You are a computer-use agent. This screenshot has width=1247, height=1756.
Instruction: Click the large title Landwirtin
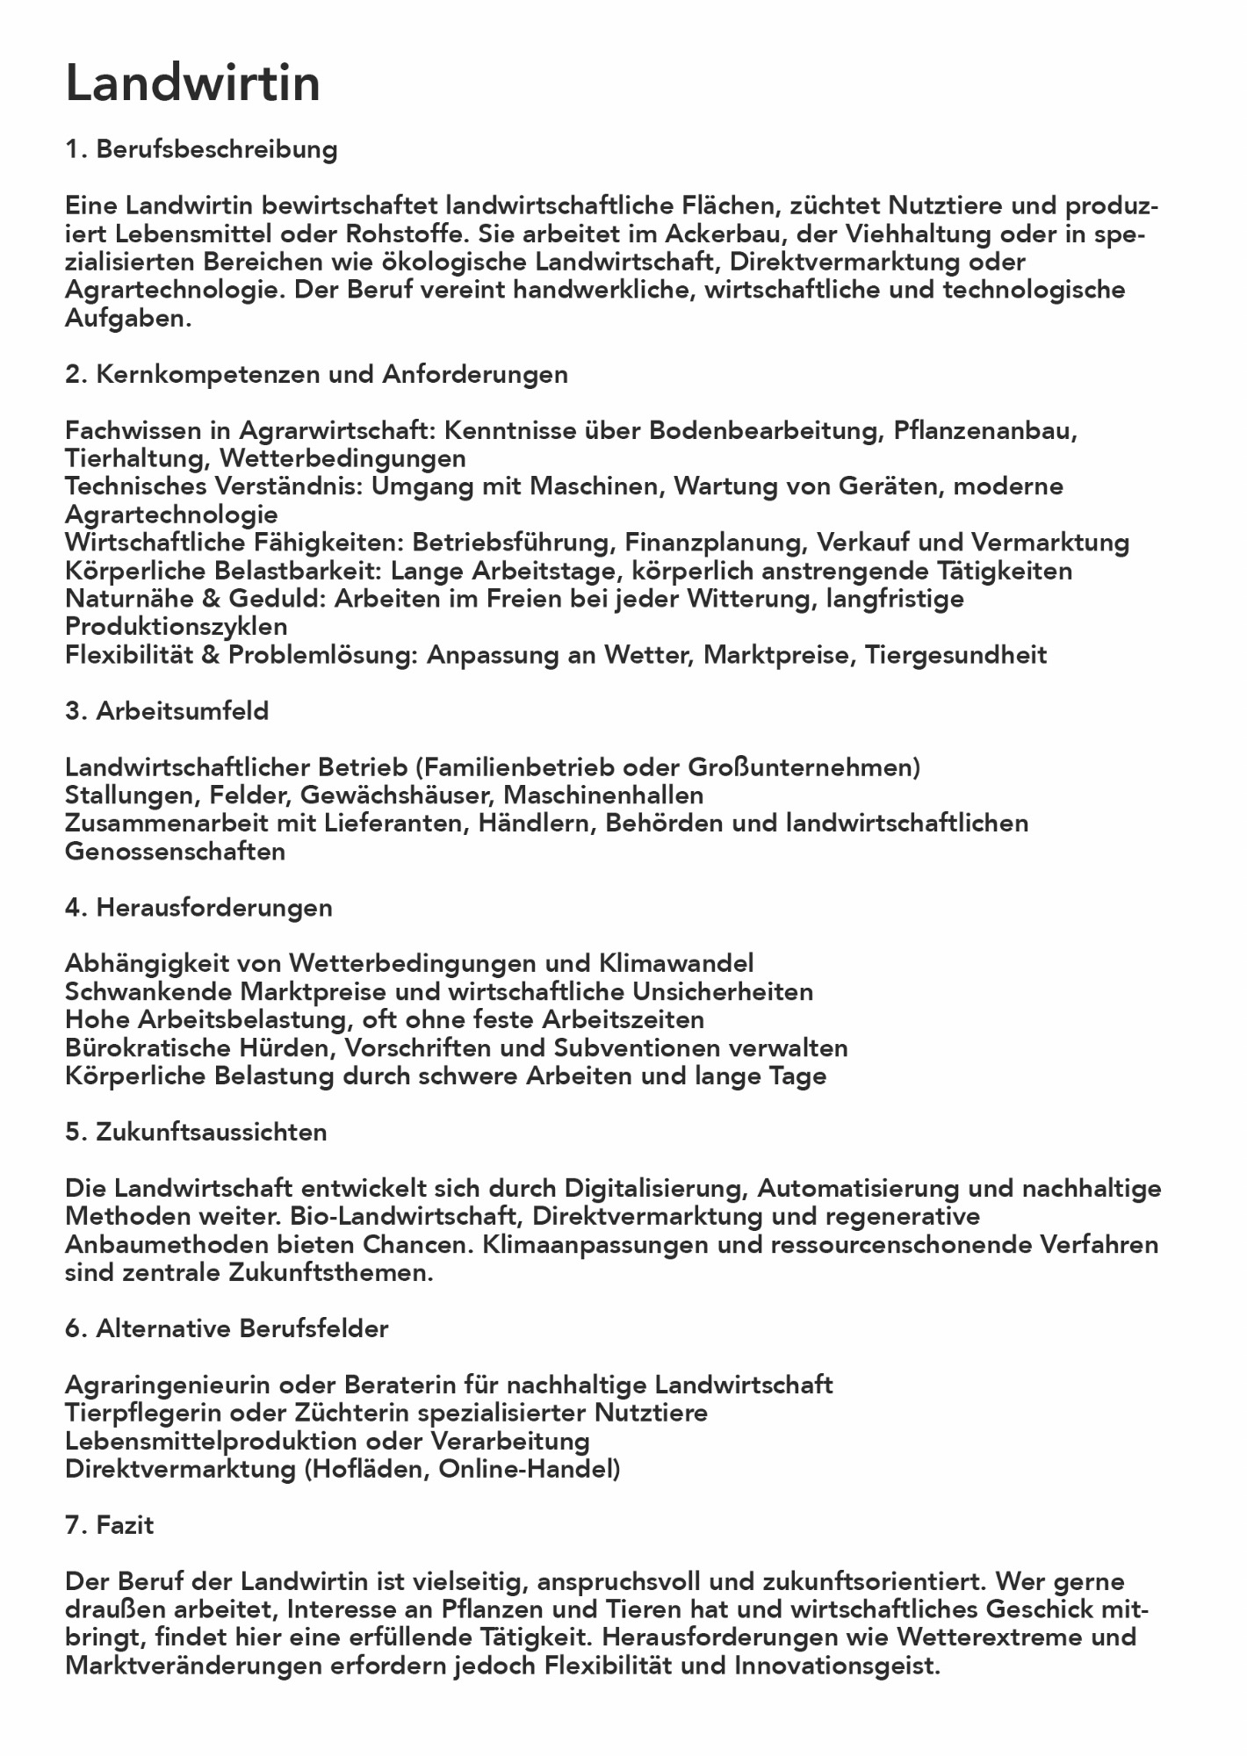click(192, 85)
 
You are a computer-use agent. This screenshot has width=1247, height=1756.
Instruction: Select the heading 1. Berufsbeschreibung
click(201, 149)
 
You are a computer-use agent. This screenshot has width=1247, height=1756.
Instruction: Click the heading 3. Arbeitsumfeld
click(167, 711)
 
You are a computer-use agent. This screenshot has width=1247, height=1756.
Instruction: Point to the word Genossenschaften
click(175, 852)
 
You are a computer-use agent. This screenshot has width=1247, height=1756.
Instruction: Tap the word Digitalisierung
click(655, 1189)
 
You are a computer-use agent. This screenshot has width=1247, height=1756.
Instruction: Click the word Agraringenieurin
click(167, 1385)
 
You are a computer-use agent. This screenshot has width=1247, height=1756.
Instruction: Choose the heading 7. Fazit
click(110, 1526)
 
